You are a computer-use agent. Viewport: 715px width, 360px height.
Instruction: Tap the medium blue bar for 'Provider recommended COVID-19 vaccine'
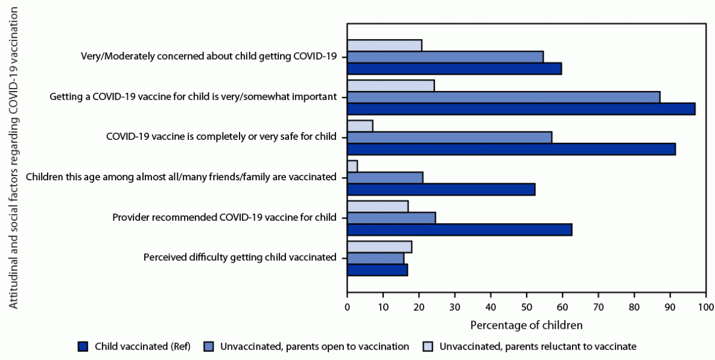391,218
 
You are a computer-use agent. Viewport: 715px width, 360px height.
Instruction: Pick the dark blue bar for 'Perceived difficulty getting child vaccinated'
377,270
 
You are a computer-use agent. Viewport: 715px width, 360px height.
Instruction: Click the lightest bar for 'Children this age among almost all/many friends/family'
352,166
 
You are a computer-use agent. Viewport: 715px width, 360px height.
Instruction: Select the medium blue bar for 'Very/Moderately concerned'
445,57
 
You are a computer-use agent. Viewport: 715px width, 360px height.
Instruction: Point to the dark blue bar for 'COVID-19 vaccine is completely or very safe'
511,149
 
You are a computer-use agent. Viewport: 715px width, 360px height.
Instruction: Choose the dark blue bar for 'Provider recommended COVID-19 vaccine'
459,230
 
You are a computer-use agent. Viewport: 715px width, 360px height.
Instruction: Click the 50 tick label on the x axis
527,308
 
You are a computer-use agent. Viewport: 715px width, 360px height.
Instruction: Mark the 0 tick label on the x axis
347,308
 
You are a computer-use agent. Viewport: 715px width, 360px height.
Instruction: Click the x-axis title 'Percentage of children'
526,325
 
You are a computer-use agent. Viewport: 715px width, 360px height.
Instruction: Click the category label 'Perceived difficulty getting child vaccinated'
240,257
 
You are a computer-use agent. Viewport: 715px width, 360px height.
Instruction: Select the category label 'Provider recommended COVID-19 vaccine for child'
224,217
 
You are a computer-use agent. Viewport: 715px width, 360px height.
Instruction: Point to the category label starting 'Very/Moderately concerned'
208,57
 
